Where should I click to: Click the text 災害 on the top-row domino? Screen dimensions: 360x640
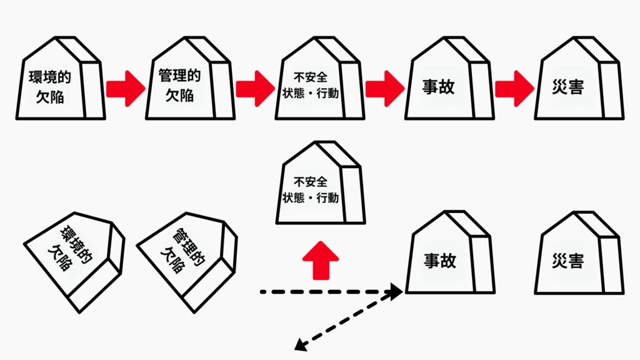(x=568, y=87)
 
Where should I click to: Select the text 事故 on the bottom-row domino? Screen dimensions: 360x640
(x=439, y=261)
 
